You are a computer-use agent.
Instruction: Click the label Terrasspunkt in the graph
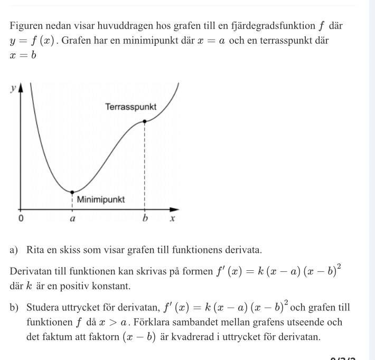(130, 107)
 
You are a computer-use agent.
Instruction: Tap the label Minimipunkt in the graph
(101, 200)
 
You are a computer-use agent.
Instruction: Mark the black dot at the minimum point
(72, 191)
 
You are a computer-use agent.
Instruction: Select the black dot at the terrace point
(144, 121)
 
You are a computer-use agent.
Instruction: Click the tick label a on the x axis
(72, 219)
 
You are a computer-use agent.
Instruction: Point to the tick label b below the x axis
(144, 219)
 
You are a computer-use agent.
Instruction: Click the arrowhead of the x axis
(179, 208)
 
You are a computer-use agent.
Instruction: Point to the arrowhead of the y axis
(21, 87)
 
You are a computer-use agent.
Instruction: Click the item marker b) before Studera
(15, 307)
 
